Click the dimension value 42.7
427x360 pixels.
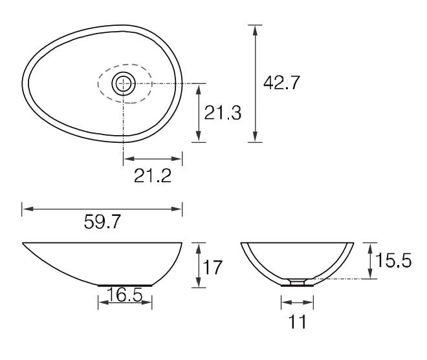(281, 83)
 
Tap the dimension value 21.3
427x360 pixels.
(223, 112)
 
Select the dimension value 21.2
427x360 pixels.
(153, 176)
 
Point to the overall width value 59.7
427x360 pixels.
(102, 222)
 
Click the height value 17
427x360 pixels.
(212, 266)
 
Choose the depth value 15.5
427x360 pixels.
(393, 261)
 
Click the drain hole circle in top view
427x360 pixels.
(123, 83)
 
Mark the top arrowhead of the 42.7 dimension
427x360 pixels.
(257, 29)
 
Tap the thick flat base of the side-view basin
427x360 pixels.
(124, 284)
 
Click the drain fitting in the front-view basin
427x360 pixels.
(297, 281)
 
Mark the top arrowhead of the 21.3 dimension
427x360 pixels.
(199, 87)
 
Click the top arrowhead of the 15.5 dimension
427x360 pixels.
(369, 246)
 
